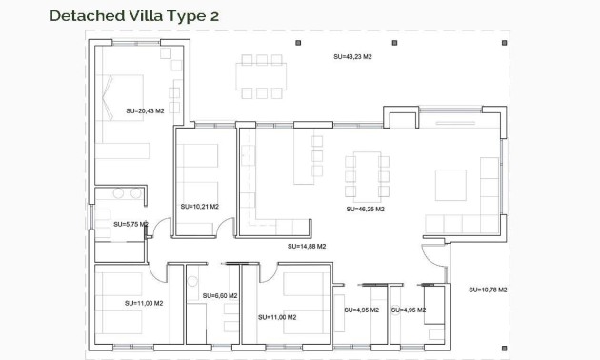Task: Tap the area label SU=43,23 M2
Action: pos(352,57)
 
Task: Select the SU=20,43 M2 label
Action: pos(145,111)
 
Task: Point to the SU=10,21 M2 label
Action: pos(199,206)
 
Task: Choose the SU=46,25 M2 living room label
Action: pos(365,208)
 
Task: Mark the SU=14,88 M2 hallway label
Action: pos(307,246)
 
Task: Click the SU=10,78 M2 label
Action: pos(488,289)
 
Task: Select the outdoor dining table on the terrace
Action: pos(260,75)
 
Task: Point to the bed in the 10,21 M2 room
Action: pos(201,167)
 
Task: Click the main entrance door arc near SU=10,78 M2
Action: pos(433,253)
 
